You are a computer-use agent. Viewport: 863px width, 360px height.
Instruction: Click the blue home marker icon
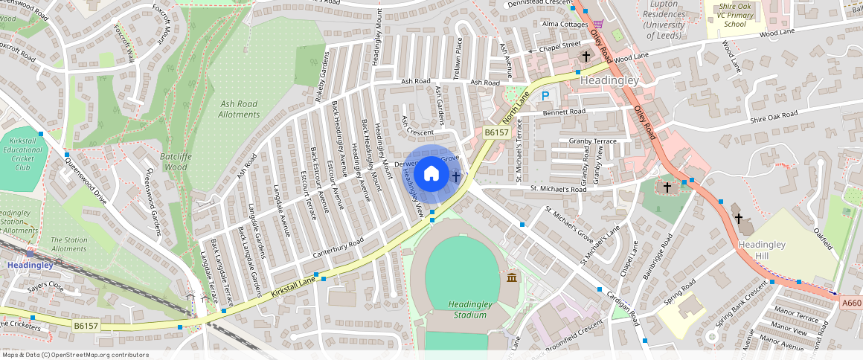click(431, 175)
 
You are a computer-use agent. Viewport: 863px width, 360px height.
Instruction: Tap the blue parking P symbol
click(545, 95)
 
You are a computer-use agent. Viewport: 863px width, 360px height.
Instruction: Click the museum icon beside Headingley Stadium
click(512, 277)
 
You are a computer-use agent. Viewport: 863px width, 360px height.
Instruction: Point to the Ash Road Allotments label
click(239, 109)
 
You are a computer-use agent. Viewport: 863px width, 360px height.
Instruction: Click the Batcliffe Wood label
click(173, 162)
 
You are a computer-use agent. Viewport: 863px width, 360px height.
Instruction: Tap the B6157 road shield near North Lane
click(496, 132)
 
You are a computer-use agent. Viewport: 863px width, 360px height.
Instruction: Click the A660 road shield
click(852, 303)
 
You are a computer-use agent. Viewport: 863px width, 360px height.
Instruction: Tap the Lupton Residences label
click(663, 15)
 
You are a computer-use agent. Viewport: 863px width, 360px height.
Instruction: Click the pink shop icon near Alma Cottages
click(598, 24)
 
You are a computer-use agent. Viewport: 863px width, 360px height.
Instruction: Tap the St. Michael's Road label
click(559, 189)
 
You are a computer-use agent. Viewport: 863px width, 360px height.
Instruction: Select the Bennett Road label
click(564, 112)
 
